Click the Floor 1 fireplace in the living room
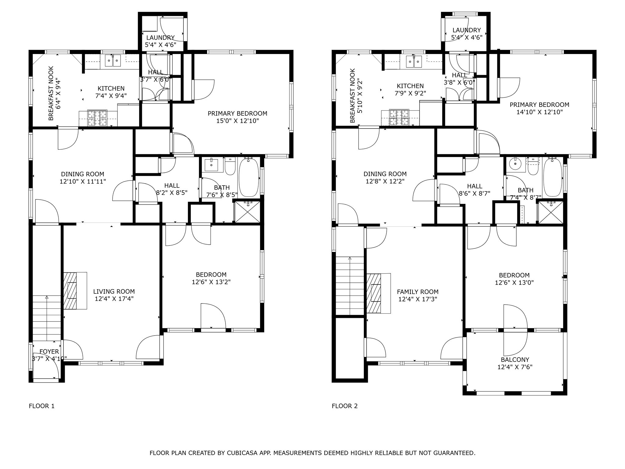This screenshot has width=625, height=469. (72, 290)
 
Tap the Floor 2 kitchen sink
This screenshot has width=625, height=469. (414, 62)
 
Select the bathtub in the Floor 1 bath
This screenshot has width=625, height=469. (249, 177)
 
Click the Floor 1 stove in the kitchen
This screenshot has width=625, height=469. (98, 118)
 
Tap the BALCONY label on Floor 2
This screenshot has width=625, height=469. (515, 360)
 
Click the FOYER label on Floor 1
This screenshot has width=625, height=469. (49, 352)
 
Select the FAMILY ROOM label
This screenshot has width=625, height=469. (417, 292)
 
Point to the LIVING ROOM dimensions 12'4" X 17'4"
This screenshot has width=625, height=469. (114, 299)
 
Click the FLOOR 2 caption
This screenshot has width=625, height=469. (345, 406)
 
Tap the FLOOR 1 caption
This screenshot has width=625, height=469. (42, 406)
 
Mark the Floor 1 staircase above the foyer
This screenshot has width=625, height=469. (46, 318)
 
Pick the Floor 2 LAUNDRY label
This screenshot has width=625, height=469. (467, 30)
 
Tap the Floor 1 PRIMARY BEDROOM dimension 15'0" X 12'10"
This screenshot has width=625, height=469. (237, 121)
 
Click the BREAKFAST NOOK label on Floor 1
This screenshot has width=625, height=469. (51, 93)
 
